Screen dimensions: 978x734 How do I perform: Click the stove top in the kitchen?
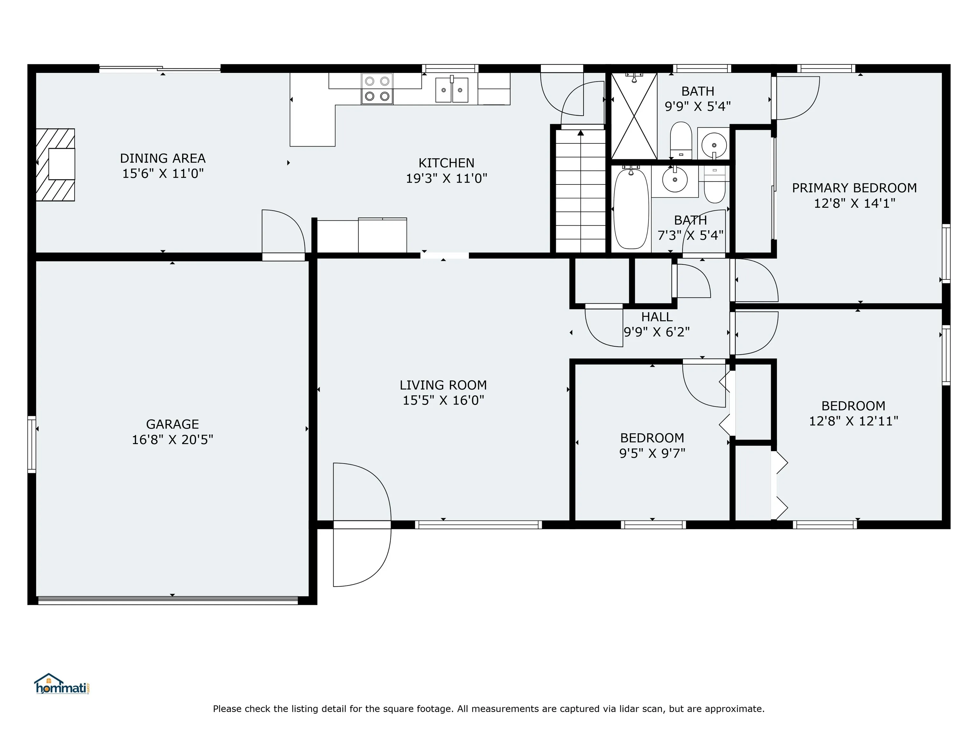coord(377,89)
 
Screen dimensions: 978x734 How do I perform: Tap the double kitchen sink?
coord(451,90)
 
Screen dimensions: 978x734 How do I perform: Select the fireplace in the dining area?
coord(55,165)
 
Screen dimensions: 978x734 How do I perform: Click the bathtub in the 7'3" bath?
coord(631,208)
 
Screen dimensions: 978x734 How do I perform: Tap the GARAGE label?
coord(173,424)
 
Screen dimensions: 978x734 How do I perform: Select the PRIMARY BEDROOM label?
coord(854,188)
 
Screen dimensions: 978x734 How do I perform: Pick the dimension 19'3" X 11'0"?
coord(447,178)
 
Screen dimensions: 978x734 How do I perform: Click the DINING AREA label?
coord(163,158)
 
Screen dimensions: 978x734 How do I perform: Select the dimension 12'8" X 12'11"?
coord(853,421)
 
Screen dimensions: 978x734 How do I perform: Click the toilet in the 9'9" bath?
coord(681,140)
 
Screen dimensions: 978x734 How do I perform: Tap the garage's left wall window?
coord(32,444)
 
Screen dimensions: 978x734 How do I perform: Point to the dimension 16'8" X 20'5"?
coord(173,440)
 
